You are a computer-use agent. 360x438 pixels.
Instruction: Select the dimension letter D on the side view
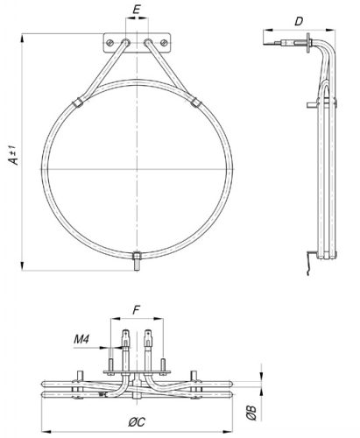tap(299, 19)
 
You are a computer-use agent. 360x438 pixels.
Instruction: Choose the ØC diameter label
tap(136, 423)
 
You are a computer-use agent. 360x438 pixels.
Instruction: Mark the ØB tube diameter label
tap(250, 410)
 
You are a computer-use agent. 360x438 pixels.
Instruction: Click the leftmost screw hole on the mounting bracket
tap(112, 41)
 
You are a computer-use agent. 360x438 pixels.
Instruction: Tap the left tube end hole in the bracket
tap(126, 41)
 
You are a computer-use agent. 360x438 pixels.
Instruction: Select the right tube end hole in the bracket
tap(147, 41)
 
